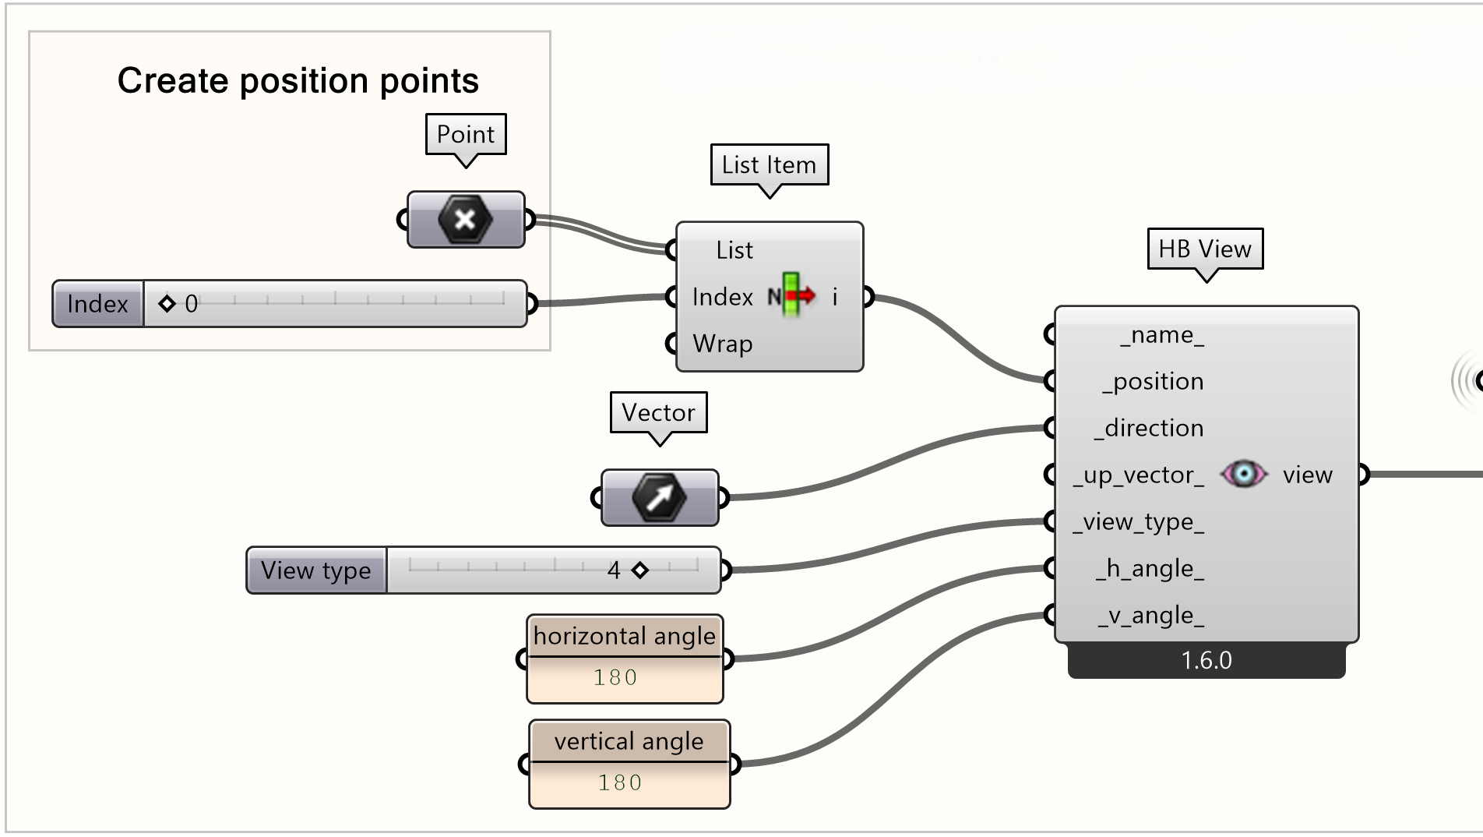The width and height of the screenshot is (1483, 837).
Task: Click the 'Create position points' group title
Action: pos(298,80)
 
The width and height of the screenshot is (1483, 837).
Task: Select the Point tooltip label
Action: pos(466,134)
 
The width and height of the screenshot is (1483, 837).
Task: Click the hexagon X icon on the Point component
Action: pos(465,220)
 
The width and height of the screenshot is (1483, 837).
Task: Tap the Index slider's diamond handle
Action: pos(167,303)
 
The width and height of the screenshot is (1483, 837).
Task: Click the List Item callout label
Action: pos(769,164)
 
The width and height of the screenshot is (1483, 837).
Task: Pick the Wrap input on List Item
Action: pos(722,343)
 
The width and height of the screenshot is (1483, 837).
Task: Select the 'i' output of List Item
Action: pos(835,297)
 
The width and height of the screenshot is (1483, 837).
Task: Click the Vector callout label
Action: pos(658,412)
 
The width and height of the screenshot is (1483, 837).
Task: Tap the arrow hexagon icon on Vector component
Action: pos(659,497)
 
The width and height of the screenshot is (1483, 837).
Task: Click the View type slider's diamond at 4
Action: pos(640,570)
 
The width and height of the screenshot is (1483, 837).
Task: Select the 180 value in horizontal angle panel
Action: pos(615,677)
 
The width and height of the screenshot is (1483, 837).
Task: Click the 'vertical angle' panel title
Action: pos(629,741)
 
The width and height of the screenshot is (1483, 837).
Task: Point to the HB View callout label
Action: pos(1204,249)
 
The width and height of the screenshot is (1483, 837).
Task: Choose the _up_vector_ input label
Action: pos(1138,475)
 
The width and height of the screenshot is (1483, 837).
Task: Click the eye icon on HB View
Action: pos(1243,474)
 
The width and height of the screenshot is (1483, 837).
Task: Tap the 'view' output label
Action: pos(1307,475)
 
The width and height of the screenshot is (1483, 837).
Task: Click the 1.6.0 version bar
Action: pos(1206,661)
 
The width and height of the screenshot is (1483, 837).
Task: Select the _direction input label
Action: pos(1150,428)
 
